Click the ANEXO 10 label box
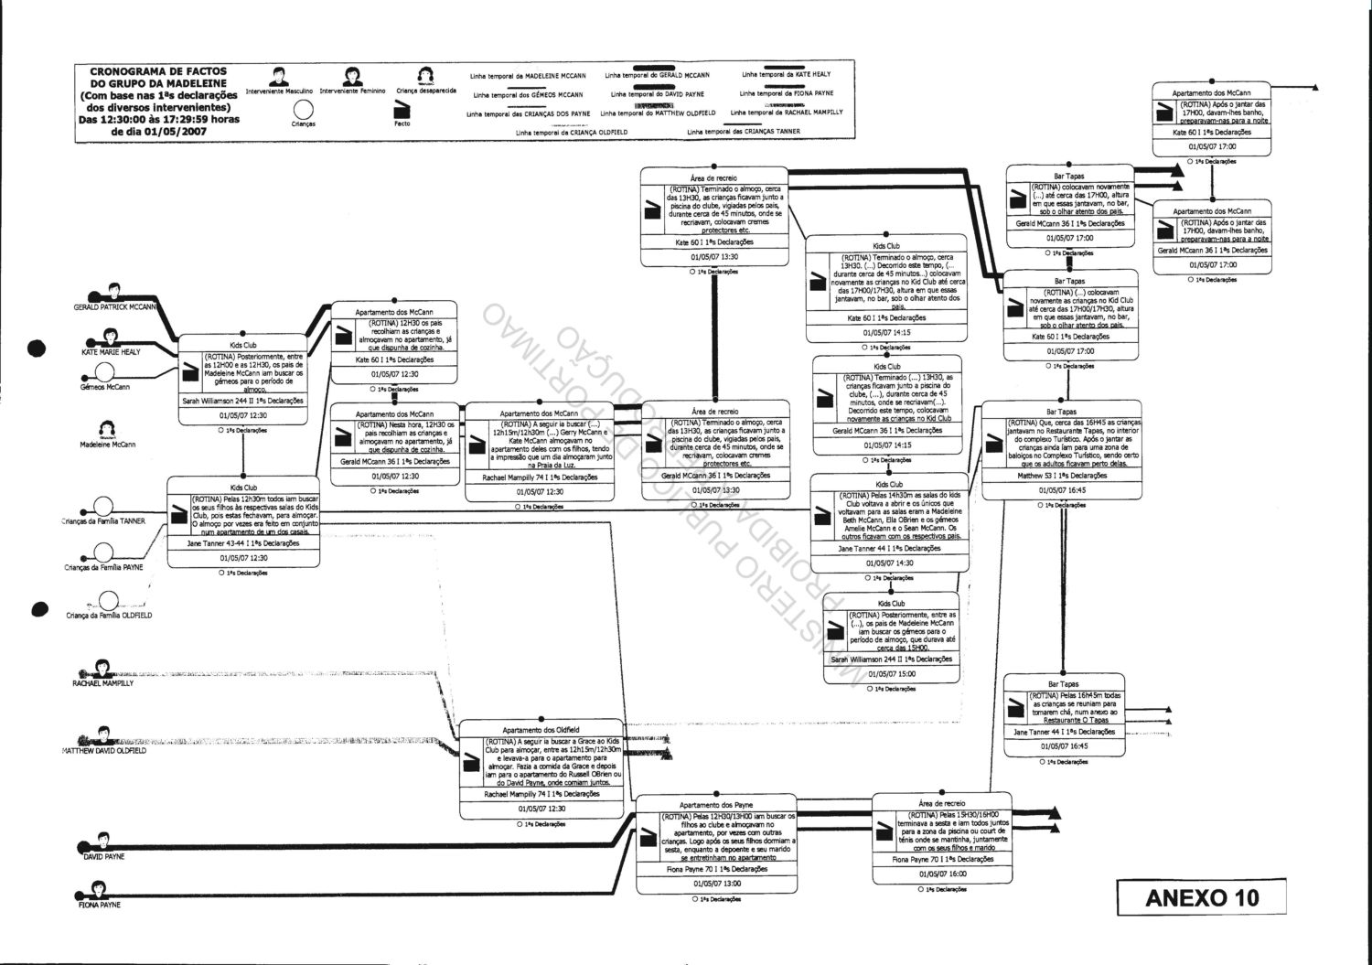1202,897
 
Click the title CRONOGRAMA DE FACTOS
158,70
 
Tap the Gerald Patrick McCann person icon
115,292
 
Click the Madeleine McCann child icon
106,428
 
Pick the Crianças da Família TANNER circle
102,507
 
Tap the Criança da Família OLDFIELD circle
109,601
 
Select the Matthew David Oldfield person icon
103,734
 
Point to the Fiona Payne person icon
98,888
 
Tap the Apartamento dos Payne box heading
716,805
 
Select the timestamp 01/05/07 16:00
943,874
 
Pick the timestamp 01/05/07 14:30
888,563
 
